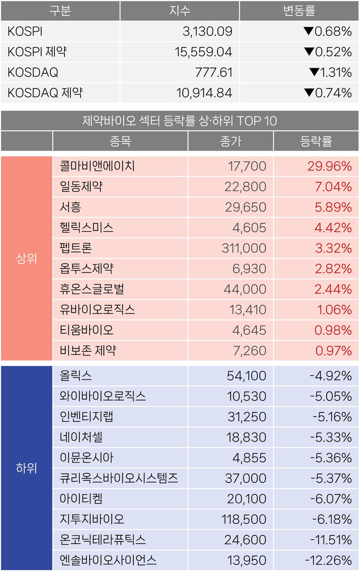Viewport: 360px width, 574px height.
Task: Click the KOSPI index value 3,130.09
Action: tap(207, 31)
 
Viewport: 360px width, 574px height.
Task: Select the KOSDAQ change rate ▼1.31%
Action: tap(330, 72)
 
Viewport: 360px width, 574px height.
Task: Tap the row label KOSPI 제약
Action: tap(37, 52)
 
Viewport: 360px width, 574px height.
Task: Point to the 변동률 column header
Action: tap(299, 10)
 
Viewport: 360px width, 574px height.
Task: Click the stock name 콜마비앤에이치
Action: tap(97, 166)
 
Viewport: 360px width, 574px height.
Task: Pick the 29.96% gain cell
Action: tap(329, 166)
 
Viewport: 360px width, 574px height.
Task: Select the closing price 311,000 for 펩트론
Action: tap(244, 248)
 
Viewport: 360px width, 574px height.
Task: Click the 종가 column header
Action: tap(231, 141)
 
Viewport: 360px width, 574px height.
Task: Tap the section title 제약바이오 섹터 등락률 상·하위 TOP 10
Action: tap(180, 121)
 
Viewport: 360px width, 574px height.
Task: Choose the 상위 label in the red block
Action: tap(27, 258)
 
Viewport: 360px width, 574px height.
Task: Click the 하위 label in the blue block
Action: tap(27, 468)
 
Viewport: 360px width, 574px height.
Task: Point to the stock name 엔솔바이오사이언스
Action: tap(108, 560)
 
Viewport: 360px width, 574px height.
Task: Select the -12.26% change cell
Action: tap(328, 560)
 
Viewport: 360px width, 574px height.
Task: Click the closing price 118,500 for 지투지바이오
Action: tap(244, 519)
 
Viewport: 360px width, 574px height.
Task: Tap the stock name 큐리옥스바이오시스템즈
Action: tap(118, 478)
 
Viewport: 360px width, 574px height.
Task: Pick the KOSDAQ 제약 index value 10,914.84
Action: tap(204, 93)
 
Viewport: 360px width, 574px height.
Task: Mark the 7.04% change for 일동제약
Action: tap(333, 187)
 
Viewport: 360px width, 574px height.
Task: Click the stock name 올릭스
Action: tap(76, 376)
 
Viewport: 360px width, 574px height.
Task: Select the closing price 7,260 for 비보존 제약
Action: tap(249, 351)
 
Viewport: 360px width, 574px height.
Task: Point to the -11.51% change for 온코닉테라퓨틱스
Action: tap(331, 540)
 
